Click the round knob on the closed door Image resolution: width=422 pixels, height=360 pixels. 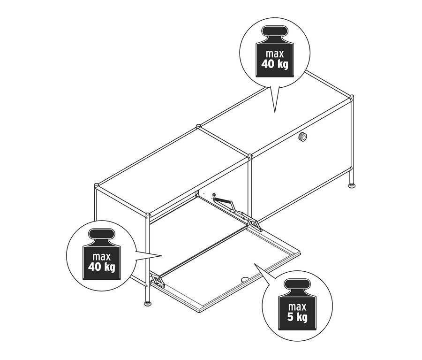click(303, 137)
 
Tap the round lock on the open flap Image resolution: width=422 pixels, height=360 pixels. click(245, 279)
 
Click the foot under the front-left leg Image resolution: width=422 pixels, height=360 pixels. click(149, 304)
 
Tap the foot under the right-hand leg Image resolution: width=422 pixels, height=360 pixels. click(351, 187)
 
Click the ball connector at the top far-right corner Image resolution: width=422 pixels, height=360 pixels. click(351, 99)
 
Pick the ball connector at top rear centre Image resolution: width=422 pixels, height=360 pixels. click(198, 126)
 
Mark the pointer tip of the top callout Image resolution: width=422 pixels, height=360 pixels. click(274, 112)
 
